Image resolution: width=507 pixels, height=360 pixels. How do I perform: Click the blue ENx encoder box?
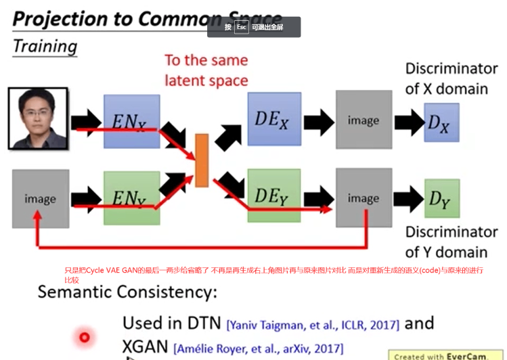pyautogui.click(x=131, y=121)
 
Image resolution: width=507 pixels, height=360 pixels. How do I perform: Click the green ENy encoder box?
pyautogui.click(x=131, y=198)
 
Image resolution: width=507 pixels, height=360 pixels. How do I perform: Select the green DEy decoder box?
pyautogui.click(x=274, y=197)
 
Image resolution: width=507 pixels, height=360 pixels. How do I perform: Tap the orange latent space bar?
pyautogui.click(x=202, y=160)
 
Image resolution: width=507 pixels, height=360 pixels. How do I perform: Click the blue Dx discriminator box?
pyautogui.click(x=441, y=122)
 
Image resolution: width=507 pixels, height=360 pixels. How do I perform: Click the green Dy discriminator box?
pyautogui.click(x=441, y=199)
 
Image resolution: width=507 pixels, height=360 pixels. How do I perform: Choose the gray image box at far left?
pyautogui.click(x=40, y=198)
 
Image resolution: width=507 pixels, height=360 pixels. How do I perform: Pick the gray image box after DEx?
pyautogui.click(x=363, y=120)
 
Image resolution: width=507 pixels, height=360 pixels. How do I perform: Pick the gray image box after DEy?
pyautogui.click(x=363, y=198)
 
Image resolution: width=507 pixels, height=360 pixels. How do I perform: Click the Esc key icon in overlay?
pyautogui.click(x=241, y=27)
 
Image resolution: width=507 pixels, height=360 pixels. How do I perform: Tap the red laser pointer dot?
pyautogui.click(x=85, y=336)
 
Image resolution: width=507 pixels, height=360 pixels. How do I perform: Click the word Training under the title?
pyautogui.click(x=45, y=47)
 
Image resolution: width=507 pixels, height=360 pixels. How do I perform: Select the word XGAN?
pyautogui.click(x=145, y=346)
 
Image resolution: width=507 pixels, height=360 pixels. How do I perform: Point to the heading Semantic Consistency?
pyautogui.click(x=127, y=292)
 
